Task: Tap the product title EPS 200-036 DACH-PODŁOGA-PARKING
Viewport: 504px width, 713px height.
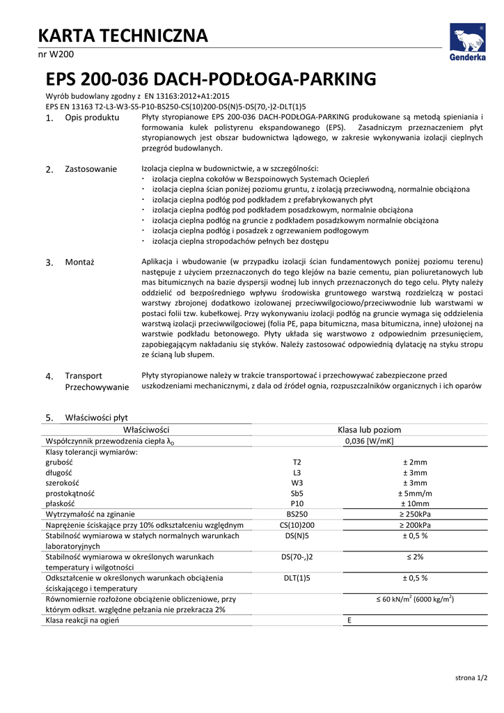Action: (x=211, y=78)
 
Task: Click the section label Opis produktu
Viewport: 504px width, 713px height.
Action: (x=92, y=118)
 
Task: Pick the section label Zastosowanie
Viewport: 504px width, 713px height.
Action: (x=90, y=169)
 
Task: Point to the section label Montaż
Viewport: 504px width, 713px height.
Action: (x=79, y=262)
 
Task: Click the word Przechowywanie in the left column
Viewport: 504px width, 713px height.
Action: (x=97, y=387)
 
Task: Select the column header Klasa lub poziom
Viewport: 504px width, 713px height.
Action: (x=369, y=430)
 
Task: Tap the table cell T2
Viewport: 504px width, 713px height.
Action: (x=297, y=462)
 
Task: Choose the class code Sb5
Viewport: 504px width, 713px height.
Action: (x=297, y=493)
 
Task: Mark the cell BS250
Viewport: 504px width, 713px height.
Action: (x=297, y=514)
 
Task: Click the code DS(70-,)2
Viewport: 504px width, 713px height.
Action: (x=297, y=557)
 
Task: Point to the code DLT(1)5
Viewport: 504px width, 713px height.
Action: (x=297, y=578)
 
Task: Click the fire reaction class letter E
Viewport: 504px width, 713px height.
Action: (x=349, y=620)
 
